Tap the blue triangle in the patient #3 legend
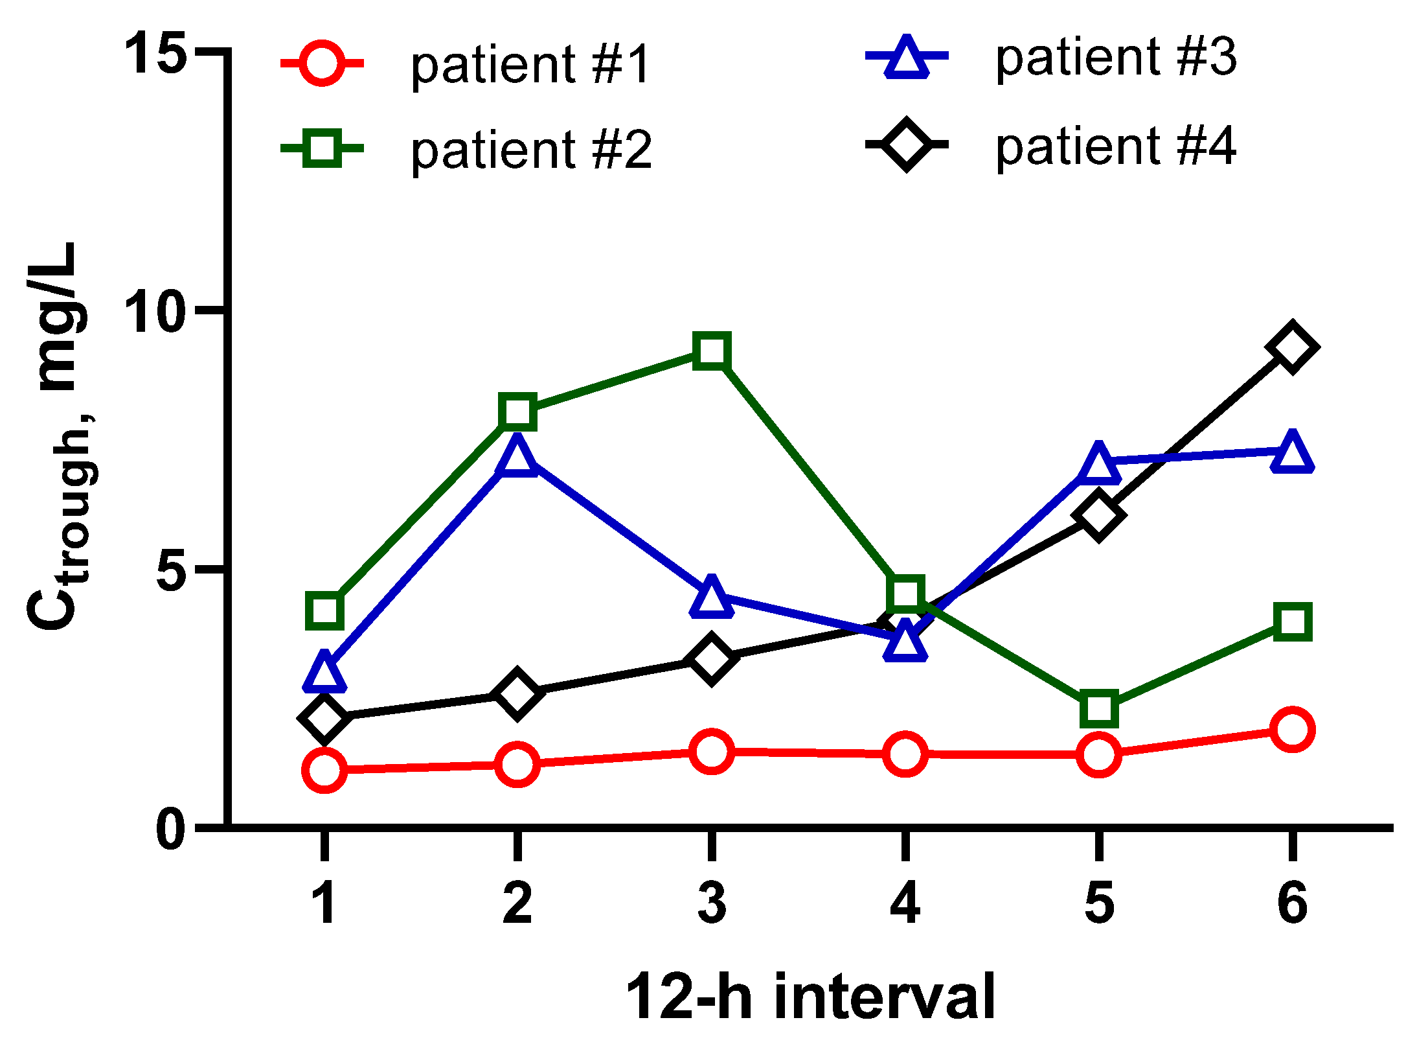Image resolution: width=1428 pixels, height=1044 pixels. (x=907, y=58)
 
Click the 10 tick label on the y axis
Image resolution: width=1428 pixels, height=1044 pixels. (x=155, y=311)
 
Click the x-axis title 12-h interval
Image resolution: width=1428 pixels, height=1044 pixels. (x=810, y=997)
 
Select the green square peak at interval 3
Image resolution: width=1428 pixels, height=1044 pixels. (x=712, y=351)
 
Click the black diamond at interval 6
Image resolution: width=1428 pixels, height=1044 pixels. (x=1291, y=347)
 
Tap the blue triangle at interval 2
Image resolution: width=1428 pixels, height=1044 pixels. (x=517, y=457)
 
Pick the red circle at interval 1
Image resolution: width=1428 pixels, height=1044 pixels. (x=324, y=770)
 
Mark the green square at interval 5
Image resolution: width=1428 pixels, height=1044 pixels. (x=1098, y=708)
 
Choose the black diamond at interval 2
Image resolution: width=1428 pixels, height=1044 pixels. (x=517, y=694)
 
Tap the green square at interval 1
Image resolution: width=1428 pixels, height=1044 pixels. (x=324, y=610)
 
